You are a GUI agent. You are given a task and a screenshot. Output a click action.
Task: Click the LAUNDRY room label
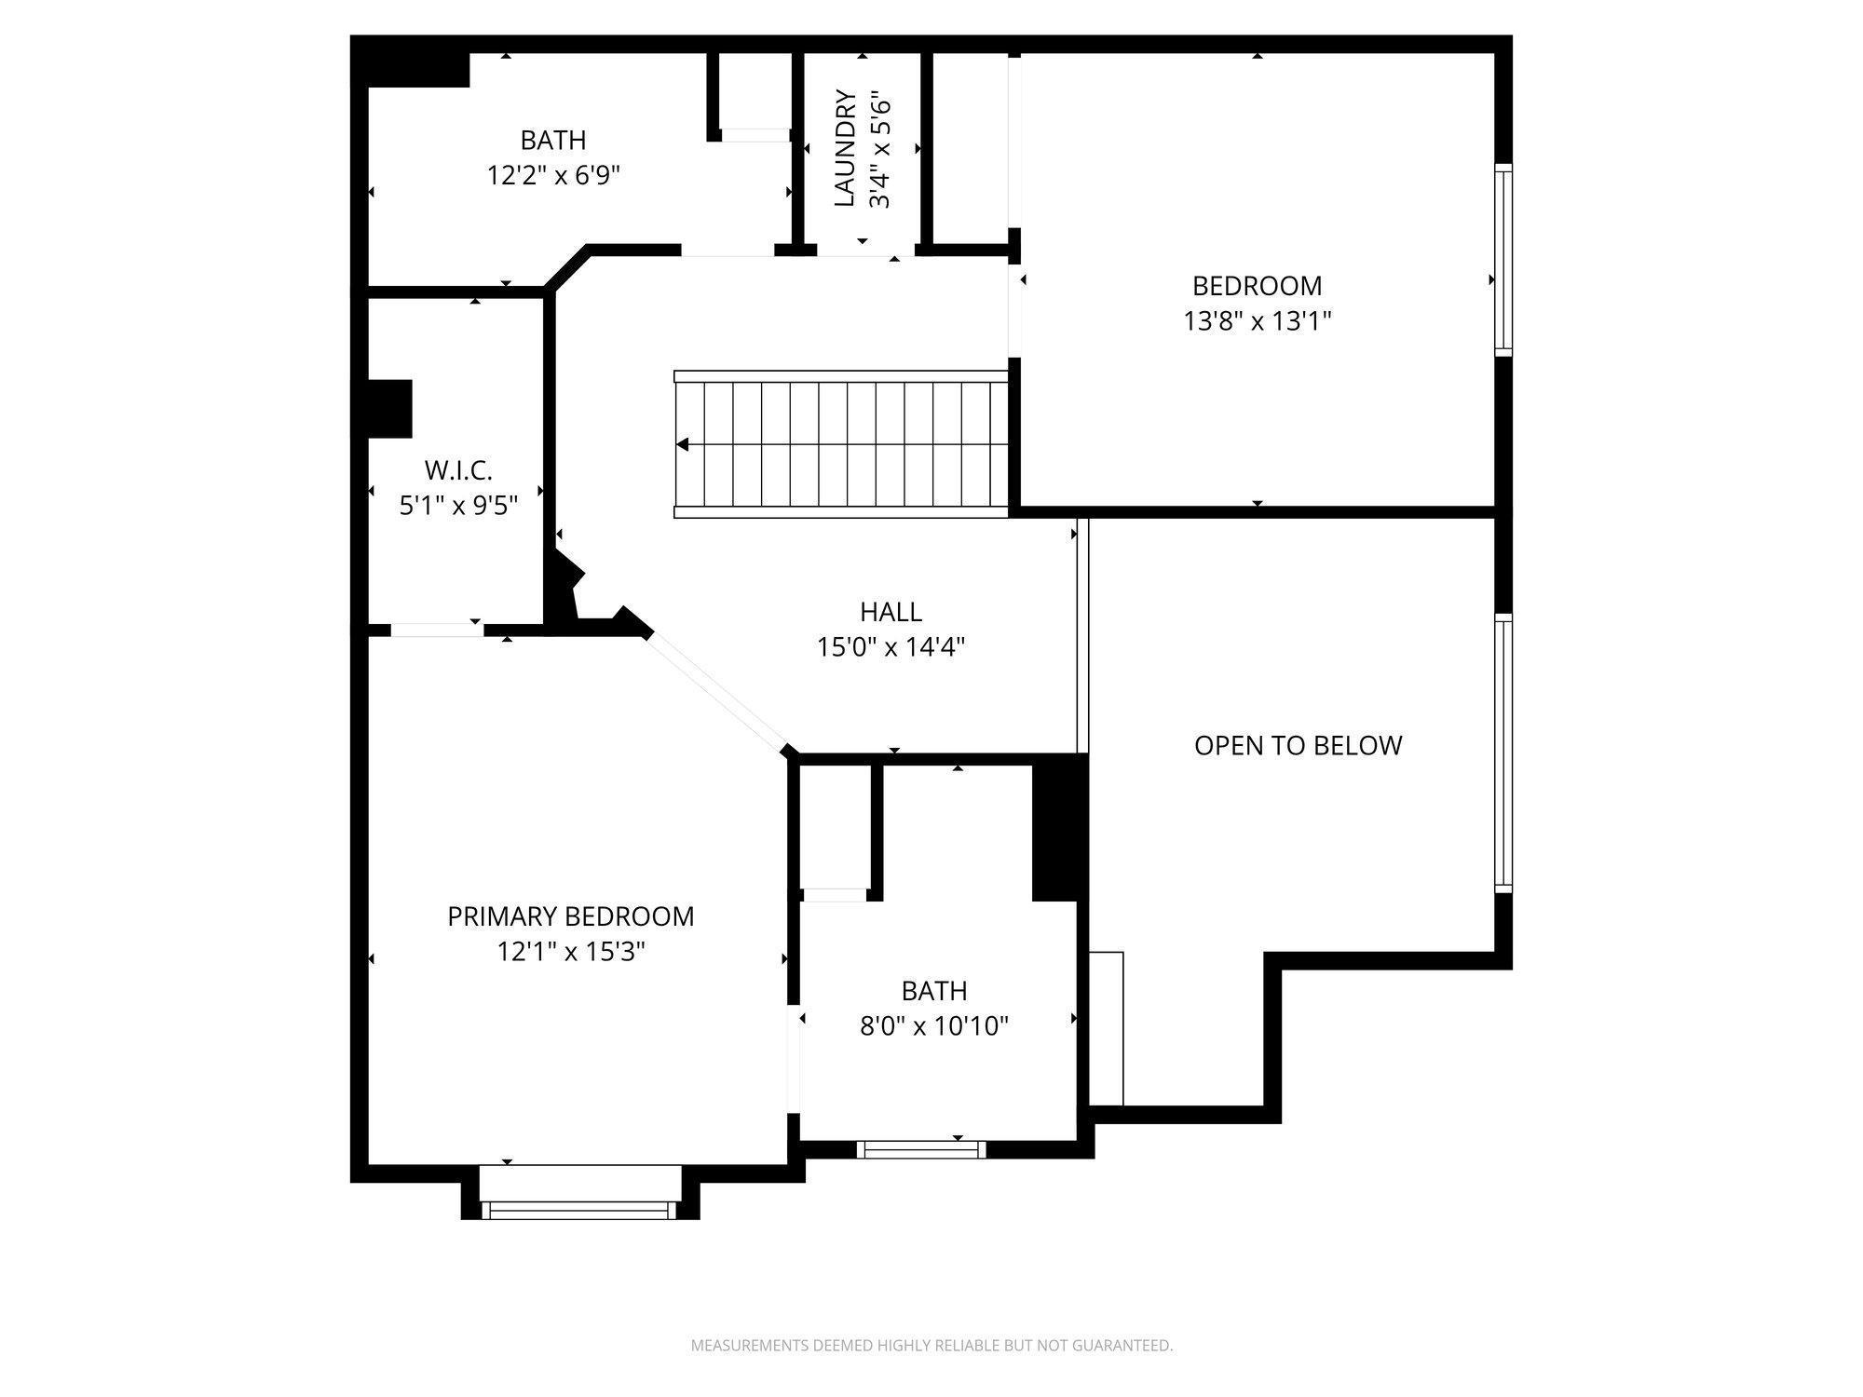pos(845,148)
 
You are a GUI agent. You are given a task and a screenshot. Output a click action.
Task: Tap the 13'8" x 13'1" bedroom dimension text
pos(1258,321)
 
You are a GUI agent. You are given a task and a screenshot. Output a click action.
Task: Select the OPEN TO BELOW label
pos(1298,745)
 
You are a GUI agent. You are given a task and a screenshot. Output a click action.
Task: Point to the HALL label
pos(891,612)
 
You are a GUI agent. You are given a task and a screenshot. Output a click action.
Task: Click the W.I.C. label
pos(458,470)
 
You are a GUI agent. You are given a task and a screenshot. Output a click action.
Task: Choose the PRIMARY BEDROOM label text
pos(571,916)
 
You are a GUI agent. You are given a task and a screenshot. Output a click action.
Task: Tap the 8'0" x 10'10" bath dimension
pos(934,1026)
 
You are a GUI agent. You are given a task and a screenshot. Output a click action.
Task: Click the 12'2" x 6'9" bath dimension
pos(553,175)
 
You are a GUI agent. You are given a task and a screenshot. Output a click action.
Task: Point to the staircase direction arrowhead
pos(683,444)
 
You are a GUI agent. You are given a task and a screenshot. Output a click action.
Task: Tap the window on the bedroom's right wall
pos(1503,259)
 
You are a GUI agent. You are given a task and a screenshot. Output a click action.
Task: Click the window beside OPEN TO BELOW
pos(1503,753)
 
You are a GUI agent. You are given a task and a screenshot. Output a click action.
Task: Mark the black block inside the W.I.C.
pos(390,408)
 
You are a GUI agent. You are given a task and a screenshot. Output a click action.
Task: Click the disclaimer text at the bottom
pos(931,1345)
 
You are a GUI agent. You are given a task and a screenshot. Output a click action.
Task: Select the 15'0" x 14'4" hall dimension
pos(891,647)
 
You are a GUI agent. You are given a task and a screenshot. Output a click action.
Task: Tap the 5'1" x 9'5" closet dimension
pos(458,506)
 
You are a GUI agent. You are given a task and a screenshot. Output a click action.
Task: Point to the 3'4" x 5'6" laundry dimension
pos(880,148)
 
